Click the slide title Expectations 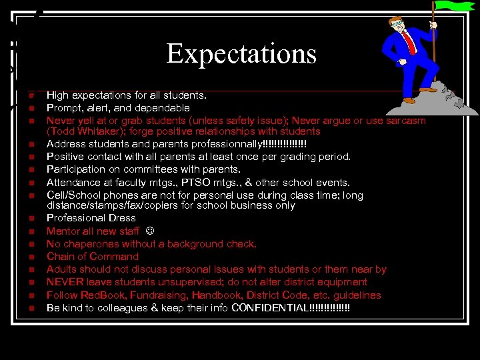pos(241,53)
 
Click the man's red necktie pos(409,42)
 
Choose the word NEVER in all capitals pos(64,282)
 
